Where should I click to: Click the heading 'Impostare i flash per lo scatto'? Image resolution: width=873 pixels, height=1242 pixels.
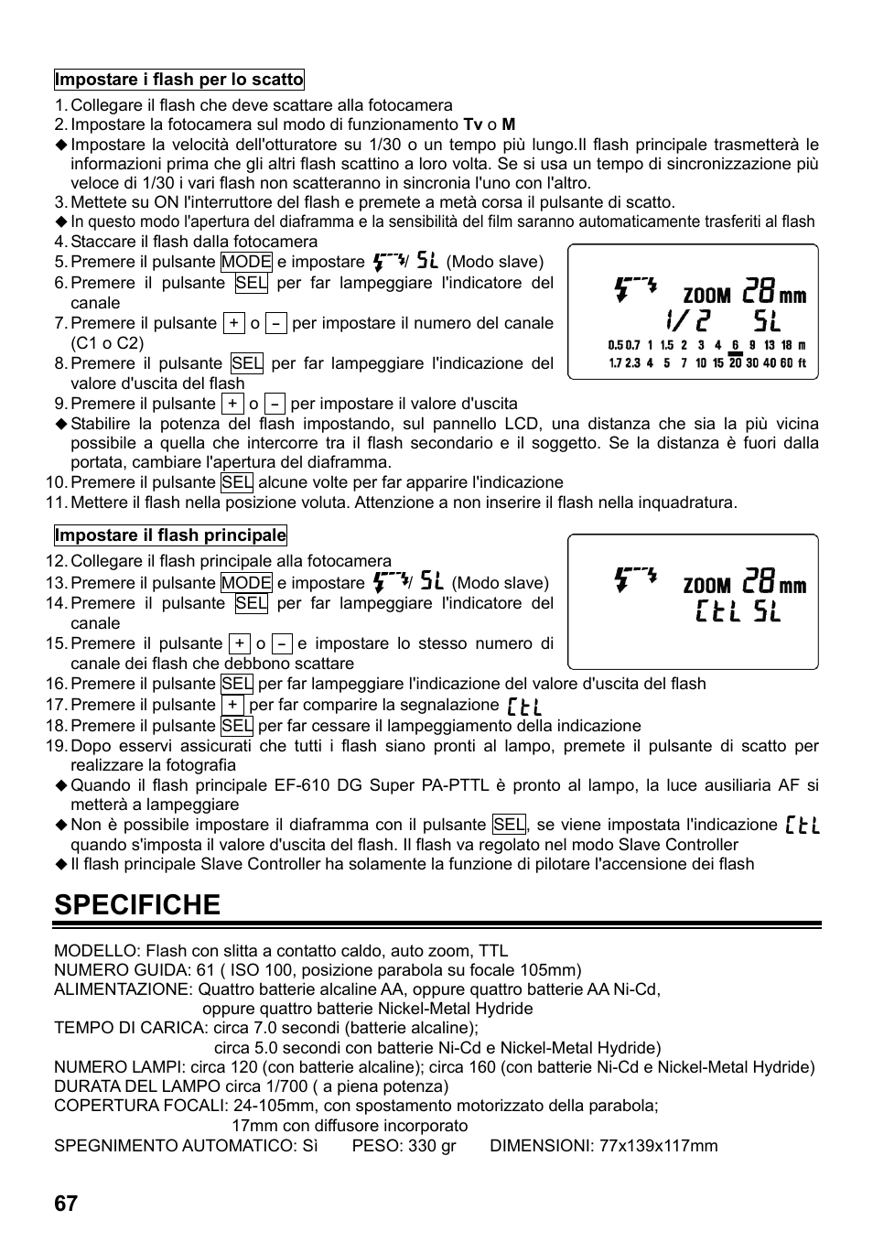coord(178,80)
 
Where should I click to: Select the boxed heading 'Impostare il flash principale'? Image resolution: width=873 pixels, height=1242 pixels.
coord(170,535)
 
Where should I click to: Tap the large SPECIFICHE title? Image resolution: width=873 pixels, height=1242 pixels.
coord(137,904)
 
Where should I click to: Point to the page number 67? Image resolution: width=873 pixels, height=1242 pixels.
coord(66,1204)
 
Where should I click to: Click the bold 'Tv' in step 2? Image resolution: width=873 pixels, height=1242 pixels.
coord(473,124)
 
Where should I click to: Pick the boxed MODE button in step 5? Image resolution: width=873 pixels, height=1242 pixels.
coord(246,262)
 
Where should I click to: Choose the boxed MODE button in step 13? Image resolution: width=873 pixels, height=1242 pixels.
coord(246,583)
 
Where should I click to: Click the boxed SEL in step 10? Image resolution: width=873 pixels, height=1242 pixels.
coord(237,482)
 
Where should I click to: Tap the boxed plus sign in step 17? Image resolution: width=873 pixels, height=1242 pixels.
coord(233,705)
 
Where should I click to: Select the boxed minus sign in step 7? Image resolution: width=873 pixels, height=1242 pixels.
coord(276,323)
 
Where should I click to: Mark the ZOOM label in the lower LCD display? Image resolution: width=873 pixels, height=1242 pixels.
coord(706,586)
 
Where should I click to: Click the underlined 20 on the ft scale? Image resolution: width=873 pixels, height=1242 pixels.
coord(735,363)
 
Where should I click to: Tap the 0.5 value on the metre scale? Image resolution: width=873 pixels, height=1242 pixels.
coord(615,346)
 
